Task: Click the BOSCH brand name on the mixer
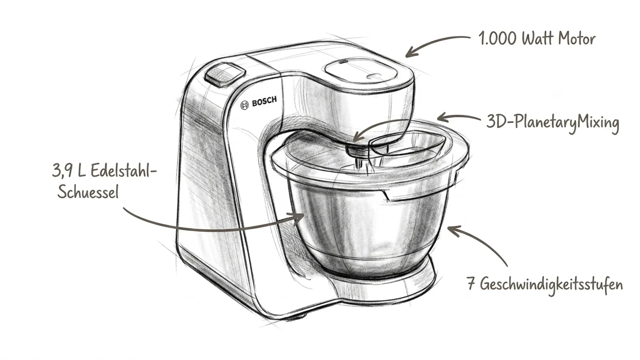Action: pos(264,102)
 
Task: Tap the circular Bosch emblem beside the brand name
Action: pos(244,105)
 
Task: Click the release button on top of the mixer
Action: pos(225,75)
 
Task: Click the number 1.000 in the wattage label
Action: pos(497,38)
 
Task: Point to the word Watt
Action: pos(537,38)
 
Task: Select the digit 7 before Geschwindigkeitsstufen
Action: pos(471,284)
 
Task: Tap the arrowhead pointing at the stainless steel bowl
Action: pos(298,218)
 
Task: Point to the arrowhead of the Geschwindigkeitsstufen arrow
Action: pos(453,230)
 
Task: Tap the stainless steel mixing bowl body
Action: pos(368,226)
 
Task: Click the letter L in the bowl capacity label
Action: pos(81,170)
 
